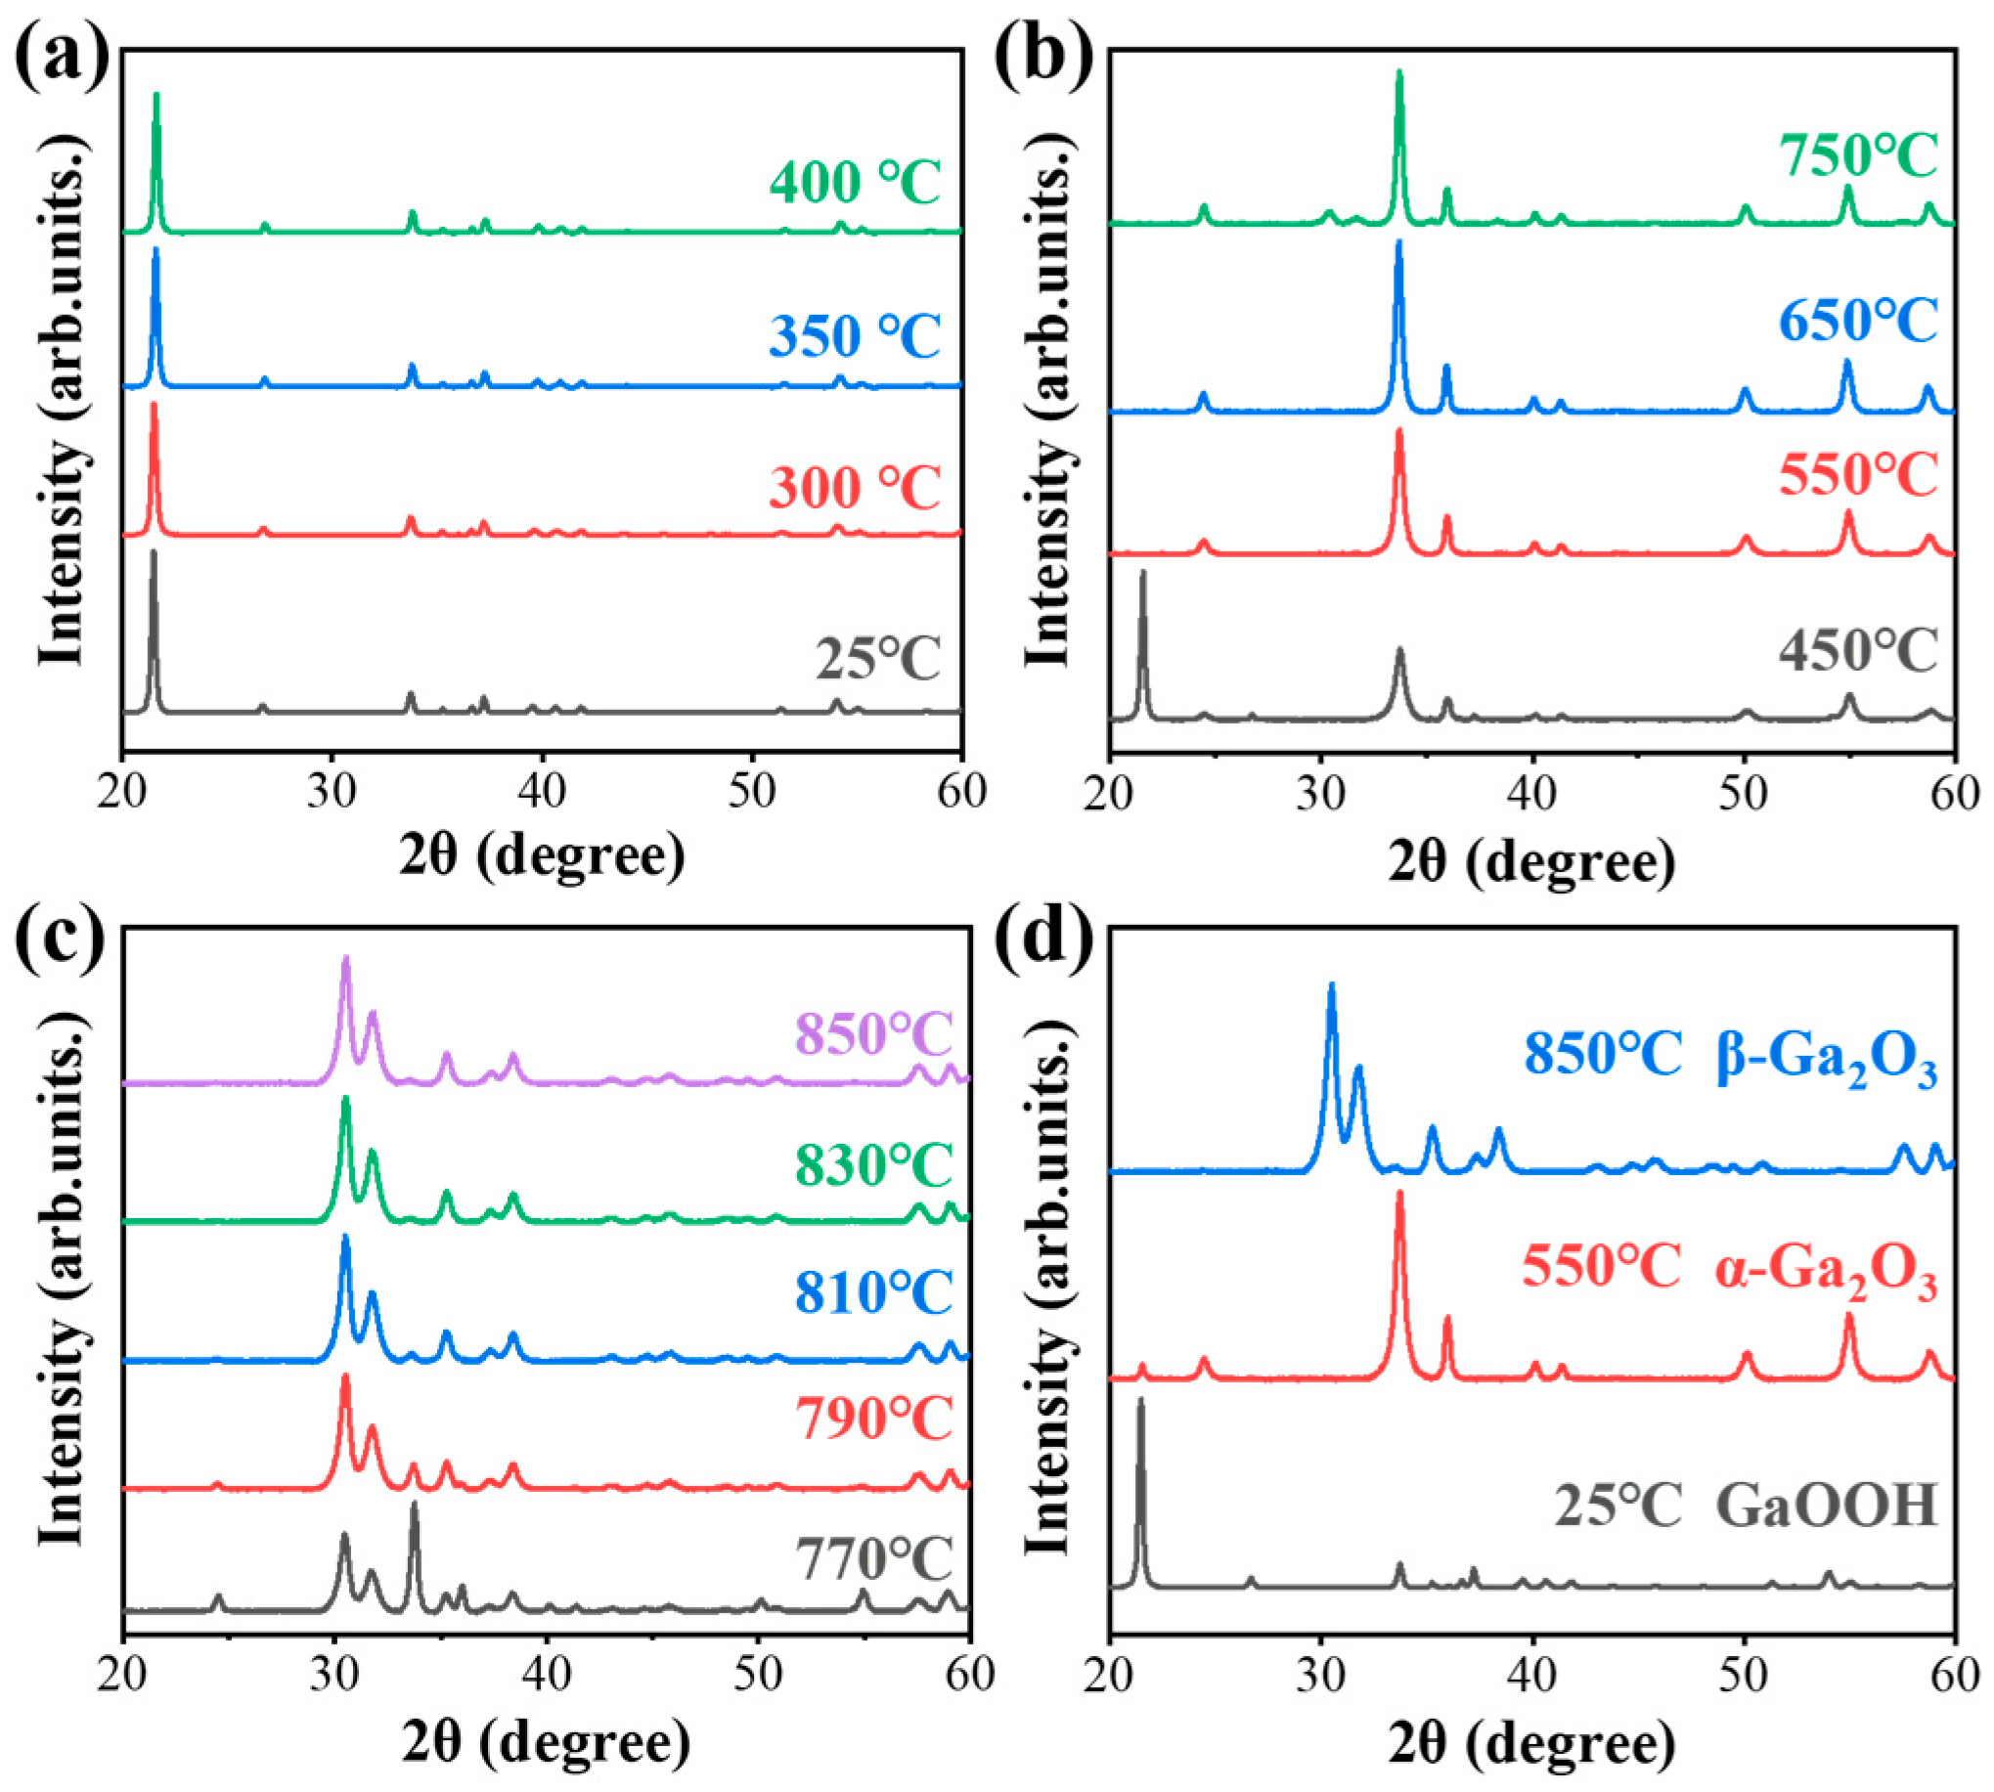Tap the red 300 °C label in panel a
855,488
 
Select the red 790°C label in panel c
874,1419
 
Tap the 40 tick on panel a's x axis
542,794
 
